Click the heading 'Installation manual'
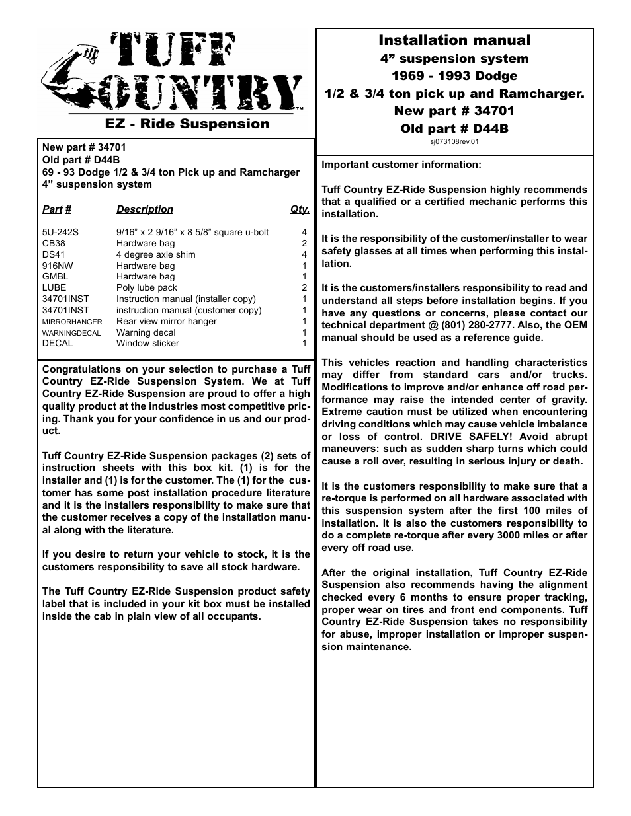pos(454,40)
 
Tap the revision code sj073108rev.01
pos(454,141)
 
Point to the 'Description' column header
pos(145,209)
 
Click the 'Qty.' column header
pos(300,209)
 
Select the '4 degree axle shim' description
pos(155,254)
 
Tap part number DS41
pos(54,254)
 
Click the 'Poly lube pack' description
pos(147,287)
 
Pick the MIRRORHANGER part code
pos(72,322)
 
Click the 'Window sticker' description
pos(147,343)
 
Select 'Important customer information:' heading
pos(401,165)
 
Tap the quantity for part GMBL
pos(304,277)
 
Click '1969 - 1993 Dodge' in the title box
pos(454,76)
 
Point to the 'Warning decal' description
pos(146,332)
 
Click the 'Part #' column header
pos(57,209)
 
